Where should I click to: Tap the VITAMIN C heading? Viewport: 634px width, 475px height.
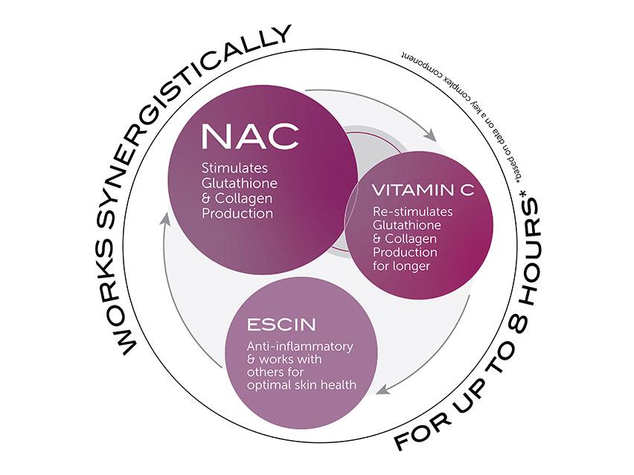pyautogui.click(x=423, y=192)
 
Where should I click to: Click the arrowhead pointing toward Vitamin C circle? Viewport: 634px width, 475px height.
pyautogui.click(x=430, y=135)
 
